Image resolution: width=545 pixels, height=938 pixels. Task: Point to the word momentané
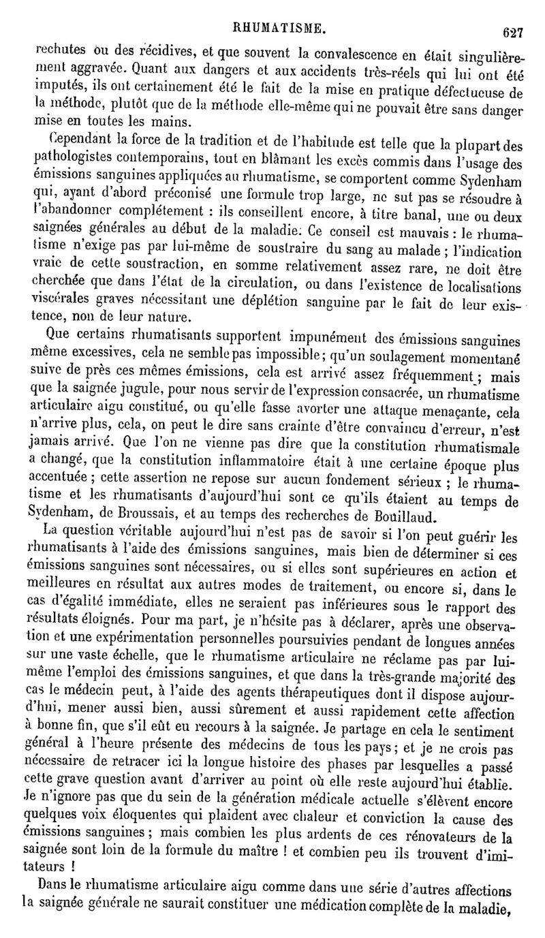[x=484, y=355]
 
